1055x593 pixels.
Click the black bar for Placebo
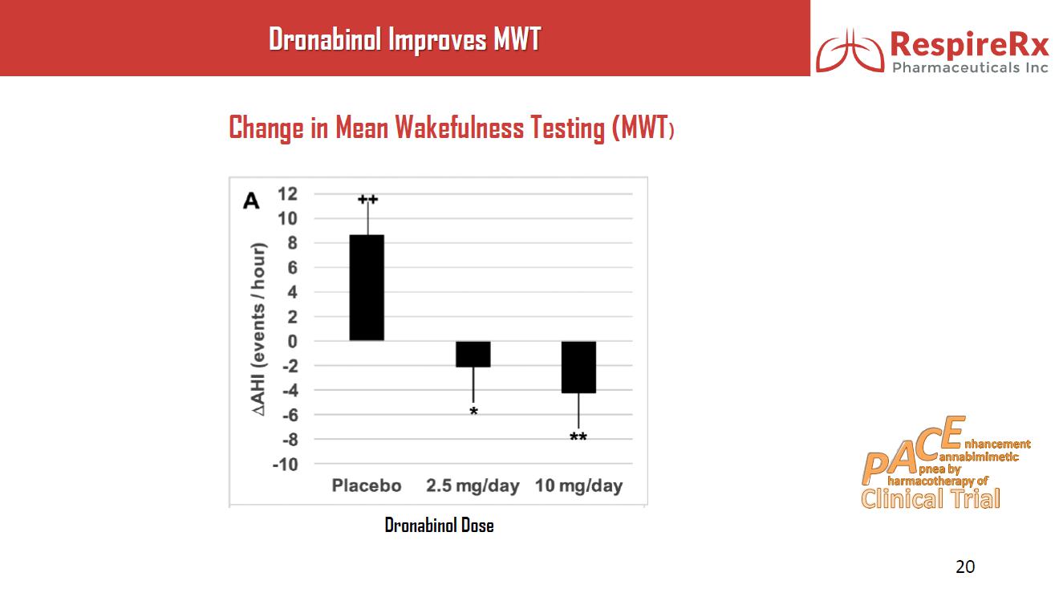367,287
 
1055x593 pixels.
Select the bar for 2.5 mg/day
473,354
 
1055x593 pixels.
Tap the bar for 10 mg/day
578,367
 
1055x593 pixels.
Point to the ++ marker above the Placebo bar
367,199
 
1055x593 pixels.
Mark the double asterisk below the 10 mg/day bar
578,438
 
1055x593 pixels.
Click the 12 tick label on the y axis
287,193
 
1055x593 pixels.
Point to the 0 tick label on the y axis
292,341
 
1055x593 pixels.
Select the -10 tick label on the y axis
285,465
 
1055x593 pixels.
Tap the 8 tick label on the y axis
292,242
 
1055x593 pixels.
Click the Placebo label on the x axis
367,486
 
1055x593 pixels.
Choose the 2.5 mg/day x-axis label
473,486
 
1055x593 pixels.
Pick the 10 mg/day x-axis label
578,486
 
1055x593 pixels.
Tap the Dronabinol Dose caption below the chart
439,526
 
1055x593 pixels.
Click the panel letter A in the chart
251,201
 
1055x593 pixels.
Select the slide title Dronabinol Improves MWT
404,39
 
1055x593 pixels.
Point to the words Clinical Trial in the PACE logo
931,499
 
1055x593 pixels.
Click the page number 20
965,567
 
